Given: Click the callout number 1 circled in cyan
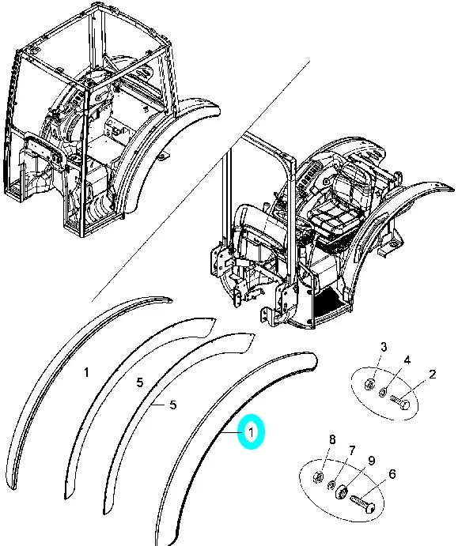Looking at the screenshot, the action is (x=251, y=432).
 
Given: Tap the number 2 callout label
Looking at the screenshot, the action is (x=432, y=375).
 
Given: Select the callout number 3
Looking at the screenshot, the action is (x=384, y=347).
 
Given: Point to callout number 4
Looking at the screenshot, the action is (x=407, y=360).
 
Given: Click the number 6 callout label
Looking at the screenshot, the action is (x=392, y=474).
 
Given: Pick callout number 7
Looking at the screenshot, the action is (x=352, y=451).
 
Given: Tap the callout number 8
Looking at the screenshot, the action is (x=332, y=439).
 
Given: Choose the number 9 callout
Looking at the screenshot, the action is (x=372, y=461).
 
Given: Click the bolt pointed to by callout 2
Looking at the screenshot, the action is (x=399, y=402).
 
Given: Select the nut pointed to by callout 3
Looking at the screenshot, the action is (x=369, y=385).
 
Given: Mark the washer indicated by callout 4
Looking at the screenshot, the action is (x=382, y=393).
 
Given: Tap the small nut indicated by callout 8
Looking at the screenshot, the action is (x=318, y=476).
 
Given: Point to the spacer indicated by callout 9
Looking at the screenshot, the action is (x=342, y=492).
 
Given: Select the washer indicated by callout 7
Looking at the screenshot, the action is (x=331, y=484).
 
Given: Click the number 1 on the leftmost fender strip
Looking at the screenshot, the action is (x=86, y=372).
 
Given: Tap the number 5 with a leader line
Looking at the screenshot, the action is (x=173, y=405).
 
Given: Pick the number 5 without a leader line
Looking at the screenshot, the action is (x=140, y=382).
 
